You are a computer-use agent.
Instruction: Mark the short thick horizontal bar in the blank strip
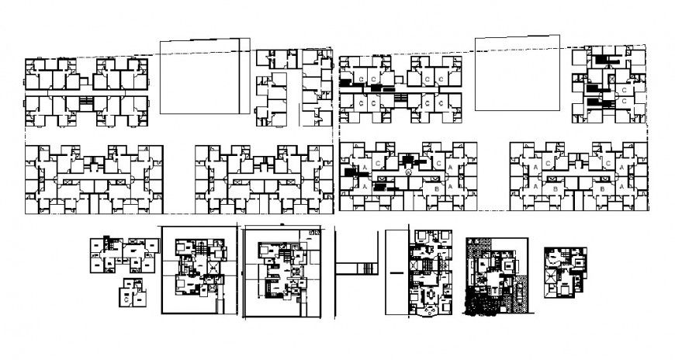point(396,272)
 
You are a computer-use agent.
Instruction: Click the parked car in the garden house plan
point(509,295)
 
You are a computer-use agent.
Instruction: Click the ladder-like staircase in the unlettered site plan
point(84,101)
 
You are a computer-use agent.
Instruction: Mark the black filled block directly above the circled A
point(407,160)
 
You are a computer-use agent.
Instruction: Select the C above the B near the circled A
point(439,164)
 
